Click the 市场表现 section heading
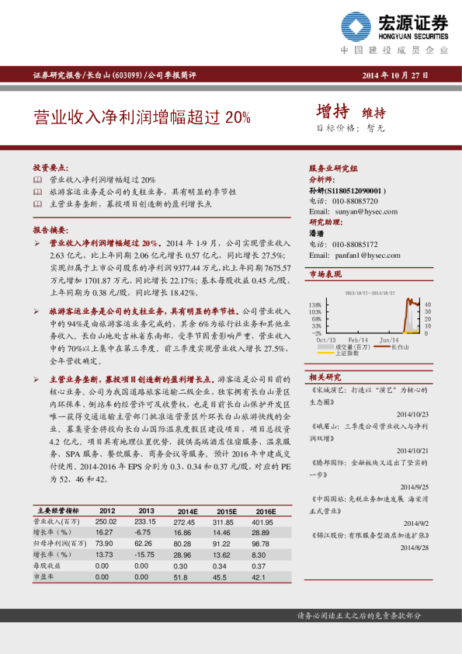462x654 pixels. pyautogui.click(x=325, y=274)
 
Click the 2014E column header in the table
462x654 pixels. pyautogui.click(x=188, y=511)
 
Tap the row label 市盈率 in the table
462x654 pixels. pyautogui.click(x=43, y=577)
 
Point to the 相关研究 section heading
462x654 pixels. pyautogui.click(x=325, y=376)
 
